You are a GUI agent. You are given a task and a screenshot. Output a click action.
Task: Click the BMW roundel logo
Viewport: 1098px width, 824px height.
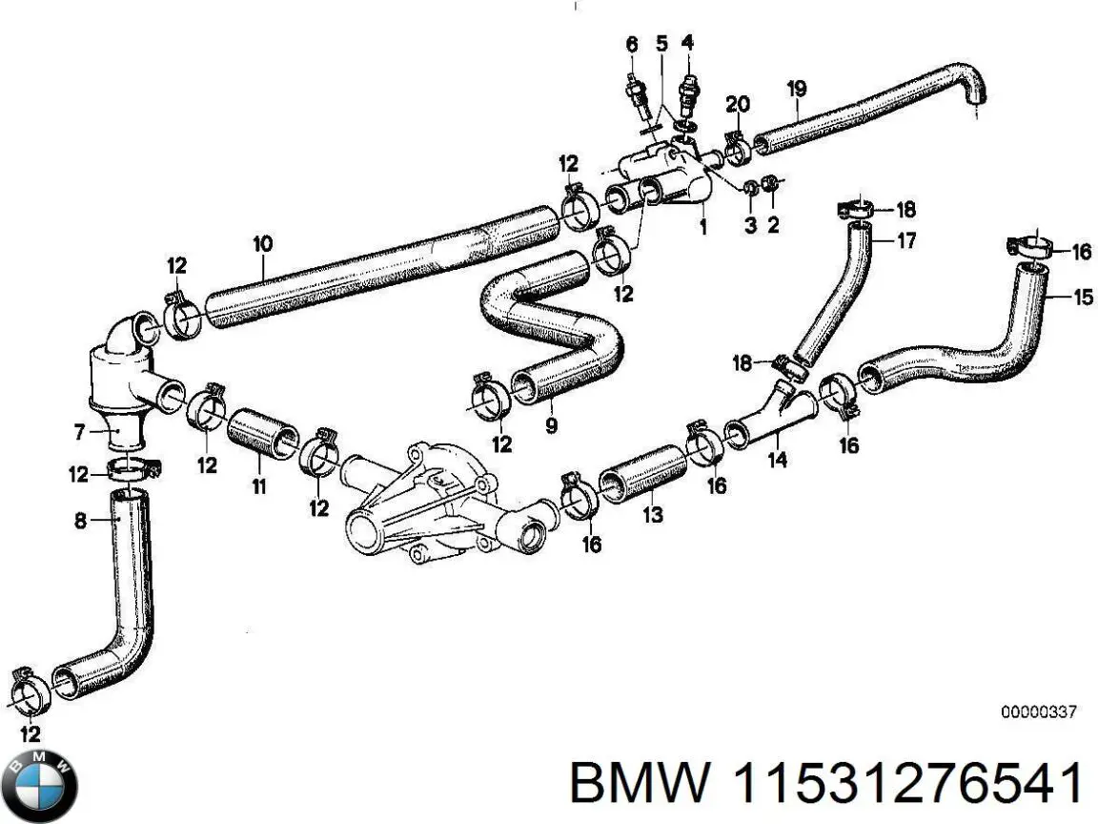coord(40,786)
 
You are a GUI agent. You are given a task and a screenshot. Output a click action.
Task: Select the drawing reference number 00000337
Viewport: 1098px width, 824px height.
coord(1038,711)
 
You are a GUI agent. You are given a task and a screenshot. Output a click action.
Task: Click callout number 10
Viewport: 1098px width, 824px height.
coord(262,244)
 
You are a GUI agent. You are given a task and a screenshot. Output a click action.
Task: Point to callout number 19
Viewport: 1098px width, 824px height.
coord(797,90)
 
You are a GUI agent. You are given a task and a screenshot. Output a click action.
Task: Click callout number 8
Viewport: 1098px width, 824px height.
coord(79,521)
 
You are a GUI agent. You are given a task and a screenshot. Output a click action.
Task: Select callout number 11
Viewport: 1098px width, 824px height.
coord(258,486)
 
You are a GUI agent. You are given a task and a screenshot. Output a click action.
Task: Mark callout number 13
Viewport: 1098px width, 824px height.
coord(652,516)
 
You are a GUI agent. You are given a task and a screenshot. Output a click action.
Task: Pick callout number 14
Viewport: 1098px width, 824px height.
coord(778,461)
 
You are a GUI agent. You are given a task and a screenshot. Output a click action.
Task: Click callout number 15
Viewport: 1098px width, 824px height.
coord(1083,298)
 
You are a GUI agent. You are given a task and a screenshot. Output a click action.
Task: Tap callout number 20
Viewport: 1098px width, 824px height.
coord(737,104)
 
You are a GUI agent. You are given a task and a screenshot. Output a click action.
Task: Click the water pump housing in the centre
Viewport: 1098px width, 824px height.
coord(424,501)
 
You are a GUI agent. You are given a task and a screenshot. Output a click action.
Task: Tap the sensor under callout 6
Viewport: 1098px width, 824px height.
coord(634,93)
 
